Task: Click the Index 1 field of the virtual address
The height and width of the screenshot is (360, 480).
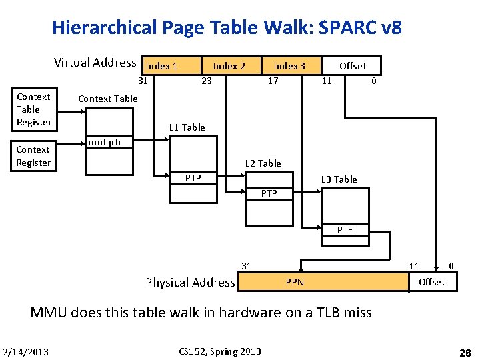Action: [x=161, y=66]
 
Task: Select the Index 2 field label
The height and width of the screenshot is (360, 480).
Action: [x=229, y=66]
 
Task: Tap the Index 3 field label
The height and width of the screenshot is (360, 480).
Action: [x=289, y=66]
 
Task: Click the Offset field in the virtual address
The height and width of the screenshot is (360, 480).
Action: [x=353, y=66]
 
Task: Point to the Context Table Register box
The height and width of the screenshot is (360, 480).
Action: [x=34, y=109]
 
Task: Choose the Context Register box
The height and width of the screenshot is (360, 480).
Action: [x=34, y=156]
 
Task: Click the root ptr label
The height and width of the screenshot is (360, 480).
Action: [x=105, y=142]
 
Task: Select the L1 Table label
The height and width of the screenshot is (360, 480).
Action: [x=187, y=127]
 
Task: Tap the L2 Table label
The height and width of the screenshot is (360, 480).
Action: [x=263, y=163]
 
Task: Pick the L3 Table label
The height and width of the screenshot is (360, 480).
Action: [x=339, y=179]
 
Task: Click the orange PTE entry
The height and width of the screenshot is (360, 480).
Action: [x=345, y=230]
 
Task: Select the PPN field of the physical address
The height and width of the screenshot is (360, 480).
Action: [x=295, y=282]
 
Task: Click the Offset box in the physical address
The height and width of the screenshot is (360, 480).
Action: [x=431, y=282]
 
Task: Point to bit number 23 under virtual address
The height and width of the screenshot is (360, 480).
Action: [x=207, y=81]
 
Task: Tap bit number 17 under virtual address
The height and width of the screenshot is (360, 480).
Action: [x=273, y=81]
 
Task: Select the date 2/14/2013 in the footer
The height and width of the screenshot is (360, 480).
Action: [x=25, y=352]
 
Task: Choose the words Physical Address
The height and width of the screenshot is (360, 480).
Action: [x=190, y=283]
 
